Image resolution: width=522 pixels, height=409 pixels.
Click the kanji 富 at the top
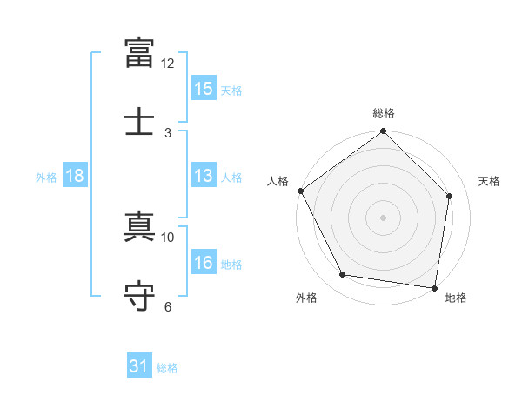(x=139, y=53)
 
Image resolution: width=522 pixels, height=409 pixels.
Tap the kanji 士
(x=139, y=121)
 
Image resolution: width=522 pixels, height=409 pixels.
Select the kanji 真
(x=139, y=226)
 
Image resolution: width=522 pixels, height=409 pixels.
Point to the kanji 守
(x=139, y=296)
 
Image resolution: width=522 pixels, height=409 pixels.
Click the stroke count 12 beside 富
(x=167, y=64)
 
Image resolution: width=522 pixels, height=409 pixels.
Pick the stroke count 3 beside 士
(x=168, y=133)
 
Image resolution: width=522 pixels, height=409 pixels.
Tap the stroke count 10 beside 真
(x=167, y=238)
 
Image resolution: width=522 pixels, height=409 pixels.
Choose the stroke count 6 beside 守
(x=168, y=306)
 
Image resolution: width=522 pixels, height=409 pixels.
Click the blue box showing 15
(x=204, y=88)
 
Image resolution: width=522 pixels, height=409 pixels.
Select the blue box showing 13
(x=204, y=175)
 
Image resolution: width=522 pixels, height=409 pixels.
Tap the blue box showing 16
(x=204, y=261)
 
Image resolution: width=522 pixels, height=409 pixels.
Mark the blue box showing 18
(x=75, y=175)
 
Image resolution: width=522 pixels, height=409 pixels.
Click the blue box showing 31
(x=139, y=365)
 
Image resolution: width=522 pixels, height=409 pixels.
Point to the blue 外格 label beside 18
(x=46, y=178)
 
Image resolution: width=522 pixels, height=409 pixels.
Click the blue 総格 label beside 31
(x=167, y=368)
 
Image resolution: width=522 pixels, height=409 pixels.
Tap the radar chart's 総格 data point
(x=383, y=131)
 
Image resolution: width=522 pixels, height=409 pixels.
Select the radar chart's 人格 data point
(x=301, y=191)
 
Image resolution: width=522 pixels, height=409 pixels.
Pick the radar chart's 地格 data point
(x=434, y=288)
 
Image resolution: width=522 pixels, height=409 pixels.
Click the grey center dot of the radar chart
(x=383, y=218)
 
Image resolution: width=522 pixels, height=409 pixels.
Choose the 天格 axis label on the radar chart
(x=489, y=181)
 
